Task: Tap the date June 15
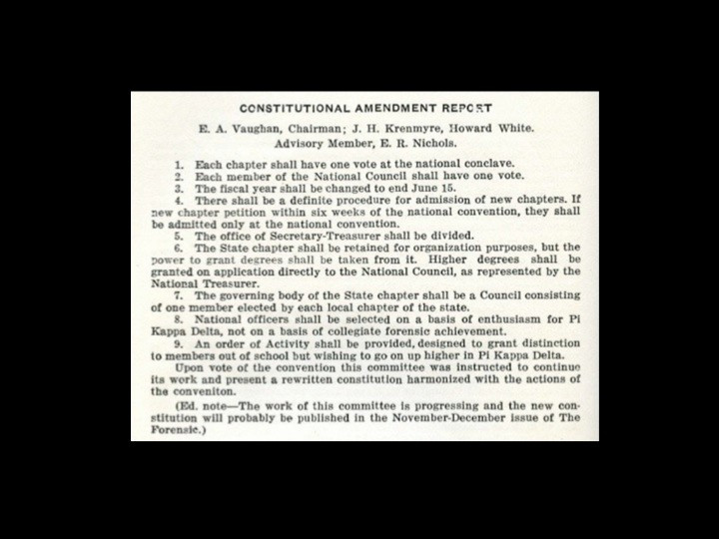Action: coord(408,187)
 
